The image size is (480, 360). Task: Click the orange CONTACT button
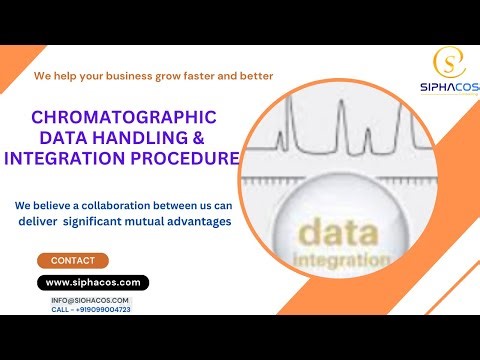[72, 261]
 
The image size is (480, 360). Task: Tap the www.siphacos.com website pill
[92, 283]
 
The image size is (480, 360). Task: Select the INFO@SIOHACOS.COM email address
[90, 300]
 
